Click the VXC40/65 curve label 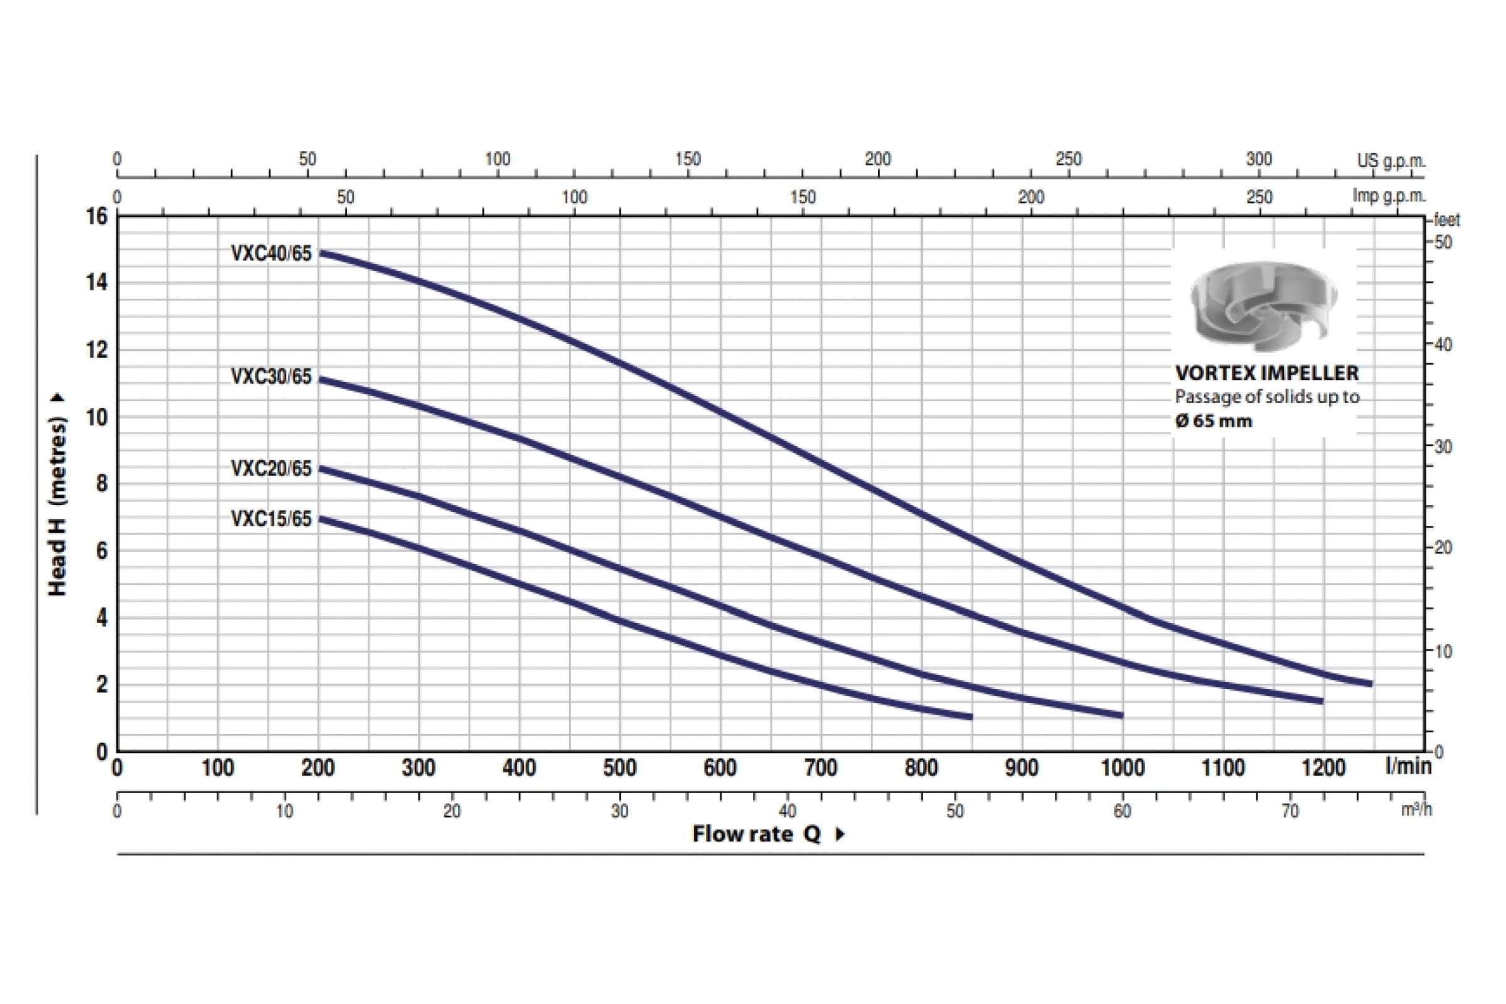[x=271, y=254]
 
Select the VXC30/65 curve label [x=271, y=376]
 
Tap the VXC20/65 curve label [x=271, y=469]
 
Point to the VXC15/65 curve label [x=271, y=519]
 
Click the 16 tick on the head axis [x=97, y=216]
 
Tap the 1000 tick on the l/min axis [x=1122, y=767]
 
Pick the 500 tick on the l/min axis [x=619, y=767]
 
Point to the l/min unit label [x=1407, y=765]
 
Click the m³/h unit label [x=1416, y=809]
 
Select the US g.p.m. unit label [x=1391, y=160]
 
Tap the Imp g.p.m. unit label [x=1388, y=196]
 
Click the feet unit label [x=1446, y=220]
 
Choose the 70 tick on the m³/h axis [x=1290, y=811]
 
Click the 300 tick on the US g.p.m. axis [x=1258, y=159]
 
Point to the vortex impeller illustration [x=1263, y=306]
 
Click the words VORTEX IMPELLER [x=1266, y=373]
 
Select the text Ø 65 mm [x=1214, y=421]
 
